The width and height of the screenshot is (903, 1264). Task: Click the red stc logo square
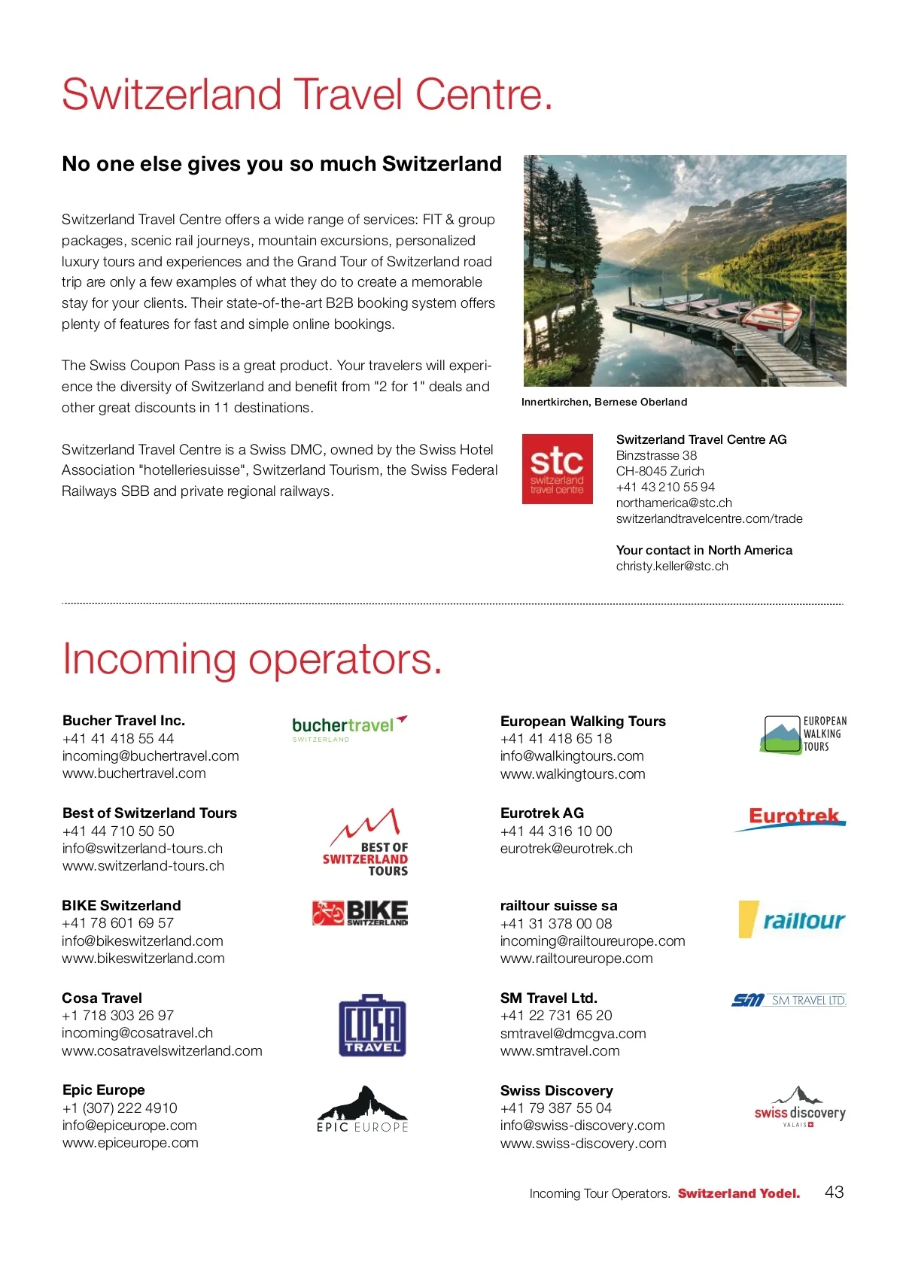click(557, 469)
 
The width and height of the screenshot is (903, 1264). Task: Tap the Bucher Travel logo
click(348, 728)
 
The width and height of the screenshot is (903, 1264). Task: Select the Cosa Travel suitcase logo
click(372, 1025)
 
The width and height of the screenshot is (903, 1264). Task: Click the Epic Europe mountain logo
click(362, 1109)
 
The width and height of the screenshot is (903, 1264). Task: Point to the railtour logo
click(792, 919)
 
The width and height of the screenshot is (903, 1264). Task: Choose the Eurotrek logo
click(792, 818)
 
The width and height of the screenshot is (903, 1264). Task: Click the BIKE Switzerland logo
click(360, 913)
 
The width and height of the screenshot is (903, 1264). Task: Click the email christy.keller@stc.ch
click(672, 566)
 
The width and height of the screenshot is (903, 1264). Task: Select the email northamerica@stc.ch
click(673, 503)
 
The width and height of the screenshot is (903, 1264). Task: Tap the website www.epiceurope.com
click(130, 1143)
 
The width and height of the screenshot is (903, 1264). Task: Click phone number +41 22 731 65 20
click(556, 1016)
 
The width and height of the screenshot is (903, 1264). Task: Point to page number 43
click(834, 1192)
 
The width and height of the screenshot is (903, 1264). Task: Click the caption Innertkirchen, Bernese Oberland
click(604, 402)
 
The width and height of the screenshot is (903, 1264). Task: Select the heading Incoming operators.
click(252, 659)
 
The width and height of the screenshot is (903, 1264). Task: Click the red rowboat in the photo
click(774, 318)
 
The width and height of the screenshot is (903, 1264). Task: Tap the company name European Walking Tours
click(582, 721)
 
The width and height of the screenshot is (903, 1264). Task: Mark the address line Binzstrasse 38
click(656, 455)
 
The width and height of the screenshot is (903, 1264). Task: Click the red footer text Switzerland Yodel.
click(738, 1193)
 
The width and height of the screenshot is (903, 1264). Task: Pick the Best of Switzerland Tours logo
click(367, 842)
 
